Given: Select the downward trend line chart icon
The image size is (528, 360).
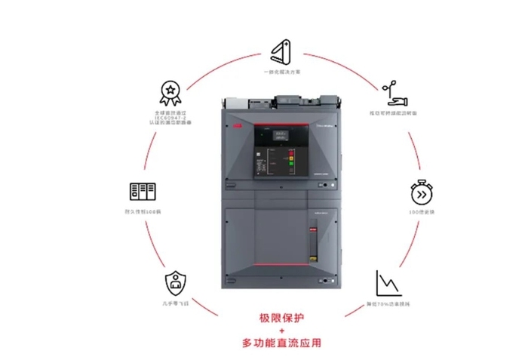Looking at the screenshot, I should tap(387, 282).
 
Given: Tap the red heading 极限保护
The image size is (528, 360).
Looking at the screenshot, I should tap(281, 317).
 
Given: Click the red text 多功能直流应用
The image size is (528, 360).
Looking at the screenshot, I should tap(281, 343).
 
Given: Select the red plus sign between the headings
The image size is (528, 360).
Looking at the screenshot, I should tap(281, 331).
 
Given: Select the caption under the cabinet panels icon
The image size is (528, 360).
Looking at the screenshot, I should tap(143, 212).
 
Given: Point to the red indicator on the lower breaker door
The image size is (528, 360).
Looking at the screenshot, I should tap(312, 229).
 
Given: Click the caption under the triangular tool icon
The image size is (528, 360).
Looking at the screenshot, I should tap(282, 72).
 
